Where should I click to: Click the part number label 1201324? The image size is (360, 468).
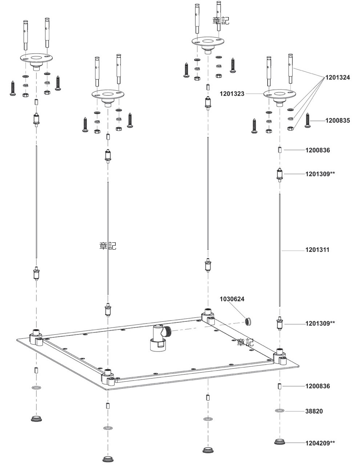(337, 78)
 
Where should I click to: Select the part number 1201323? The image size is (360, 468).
(232, 94)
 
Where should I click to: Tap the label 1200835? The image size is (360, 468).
(337, 120)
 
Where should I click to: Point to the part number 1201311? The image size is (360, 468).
(317, 250)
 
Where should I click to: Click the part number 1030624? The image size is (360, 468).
(232, 299)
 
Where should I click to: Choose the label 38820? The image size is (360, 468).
(314, 411)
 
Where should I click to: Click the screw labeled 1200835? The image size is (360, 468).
(308, 120)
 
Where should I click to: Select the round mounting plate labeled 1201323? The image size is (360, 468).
(280, 96)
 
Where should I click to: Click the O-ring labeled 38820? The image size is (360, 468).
(280, 411)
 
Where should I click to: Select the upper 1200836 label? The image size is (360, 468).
(317, 150)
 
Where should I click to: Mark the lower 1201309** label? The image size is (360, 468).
(320, 323)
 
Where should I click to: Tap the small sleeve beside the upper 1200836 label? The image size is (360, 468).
(280, 150)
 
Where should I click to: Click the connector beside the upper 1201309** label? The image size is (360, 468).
(280, 175)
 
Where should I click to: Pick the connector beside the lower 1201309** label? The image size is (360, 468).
(280, 323)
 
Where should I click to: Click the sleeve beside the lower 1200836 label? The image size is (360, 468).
(280, 386)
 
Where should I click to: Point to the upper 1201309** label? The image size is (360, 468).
(320, 174)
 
